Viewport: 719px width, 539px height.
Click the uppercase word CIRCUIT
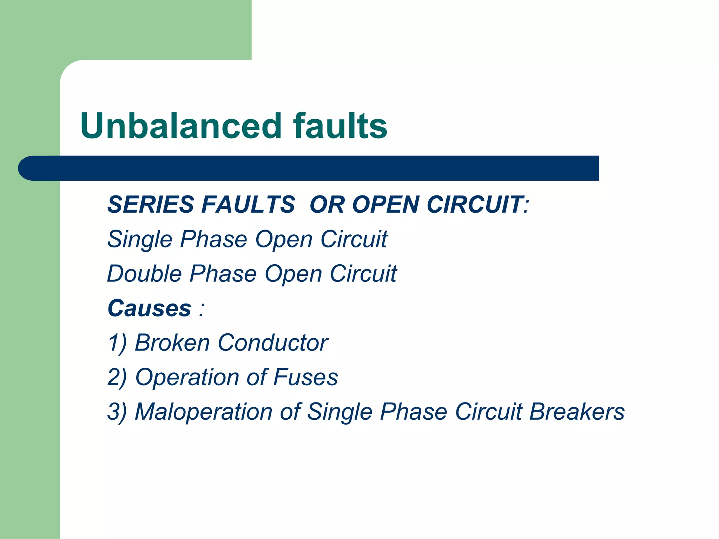475,204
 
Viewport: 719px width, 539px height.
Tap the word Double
144,274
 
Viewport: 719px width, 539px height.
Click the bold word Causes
149,308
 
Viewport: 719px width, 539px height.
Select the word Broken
172,343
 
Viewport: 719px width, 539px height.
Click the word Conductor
273,343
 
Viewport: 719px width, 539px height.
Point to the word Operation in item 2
187,377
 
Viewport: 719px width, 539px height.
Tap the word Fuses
305,377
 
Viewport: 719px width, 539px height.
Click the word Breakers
577,412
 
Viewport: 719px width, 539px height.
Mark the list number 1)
117,343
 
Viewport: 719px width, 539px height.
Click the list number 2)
117,377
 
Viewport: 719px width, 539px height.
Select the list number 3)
117,412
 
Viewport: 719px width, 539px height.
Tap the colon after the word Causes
201,309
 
